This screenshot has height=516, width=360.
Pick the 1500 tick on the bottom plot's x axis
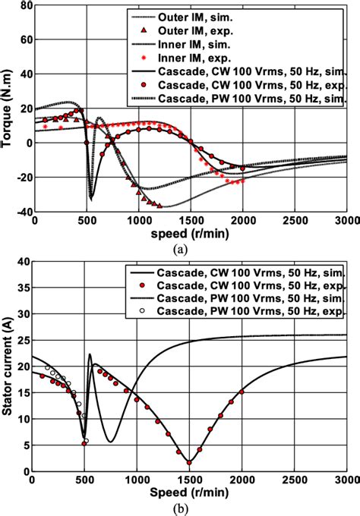[188, 480]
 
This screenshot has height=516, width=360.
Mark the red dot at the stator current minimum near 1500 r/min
[188, 462]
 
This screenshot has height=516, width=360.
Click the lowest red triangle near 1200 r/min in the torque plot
[159, 205]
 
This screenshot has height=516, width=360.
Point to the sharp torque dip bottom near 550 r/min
[92, 199]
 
